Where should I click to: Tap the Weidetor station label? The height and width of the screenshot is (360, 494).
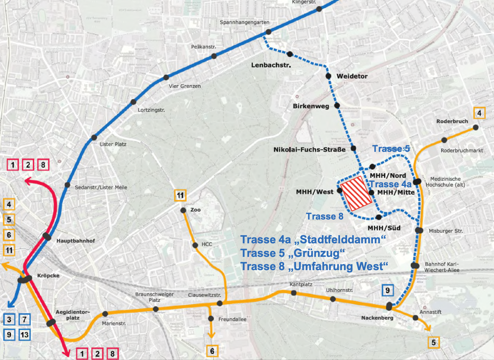point(352,76)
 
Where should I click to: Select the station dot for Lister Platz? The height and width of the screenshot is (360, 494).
point(94,138)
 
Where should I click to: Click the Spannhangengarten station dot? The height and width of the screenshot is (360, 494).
point(268,32)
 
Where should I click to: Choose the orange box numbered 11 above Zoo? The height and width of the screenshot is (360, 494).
point(180,195)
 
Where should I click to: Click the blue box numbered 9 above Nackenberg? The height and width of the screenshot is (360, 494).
point(387,290)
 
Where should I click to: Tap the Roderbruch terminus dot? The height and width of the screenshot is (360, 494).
point(475,128)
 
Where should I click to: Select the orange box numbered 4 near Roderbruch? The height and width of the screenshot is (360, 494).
point(479,113)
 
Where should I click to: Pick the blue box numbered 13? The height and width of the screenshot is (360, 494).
point(25,334)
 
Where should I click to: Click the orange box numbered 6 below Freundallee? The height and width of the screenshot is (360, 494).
point(212,351)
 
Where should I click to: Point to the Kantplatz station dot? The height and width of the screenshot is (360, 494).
point(294,293)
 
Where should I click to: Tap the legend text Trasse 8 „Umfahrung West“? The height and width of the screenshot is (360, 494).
point(315,266)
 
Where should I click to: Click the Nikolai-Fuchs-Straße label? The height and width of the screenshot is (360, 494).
point(309,150)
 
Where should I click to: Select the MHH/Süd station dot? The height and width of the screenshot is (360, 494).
point(379,217)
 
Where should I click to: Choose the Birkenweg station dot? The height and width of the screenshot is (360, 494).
point(337,105)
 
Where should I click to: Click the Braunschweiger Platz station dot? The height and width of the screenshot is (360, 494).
point(156,309)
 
